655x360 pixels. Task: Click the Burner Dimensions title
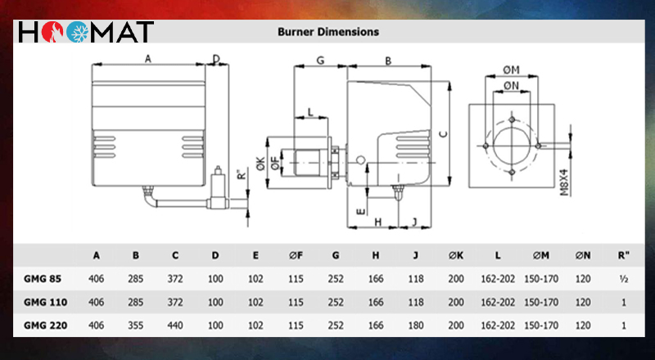pos(327,32)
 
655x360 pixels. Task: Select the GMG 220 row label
pos(46,325)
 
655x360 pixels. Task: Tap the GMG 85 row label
pos(43,278)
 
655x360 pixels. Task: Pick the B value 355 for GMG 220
pos(136,325)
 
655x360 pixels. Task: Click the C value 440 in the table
pos(175,325)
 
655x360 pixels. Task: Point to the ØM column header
pos(540,254)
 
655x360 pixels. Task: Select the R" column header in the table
pos(623,254)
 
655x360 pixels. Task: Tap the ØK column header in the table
pos(456,254)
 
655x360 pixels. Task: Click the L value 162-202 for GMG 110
pos(497,302)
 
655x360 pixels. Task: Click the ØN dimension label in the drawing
pos(513,85)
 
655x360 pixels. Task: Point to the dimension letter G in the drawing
pos(320,61)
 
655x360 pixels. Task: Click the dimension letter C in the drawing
pos(443,133)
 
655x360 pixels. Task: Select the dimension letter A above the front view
pos(147,59)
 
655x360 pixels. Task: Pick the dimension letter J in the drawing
pos(415,221)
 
